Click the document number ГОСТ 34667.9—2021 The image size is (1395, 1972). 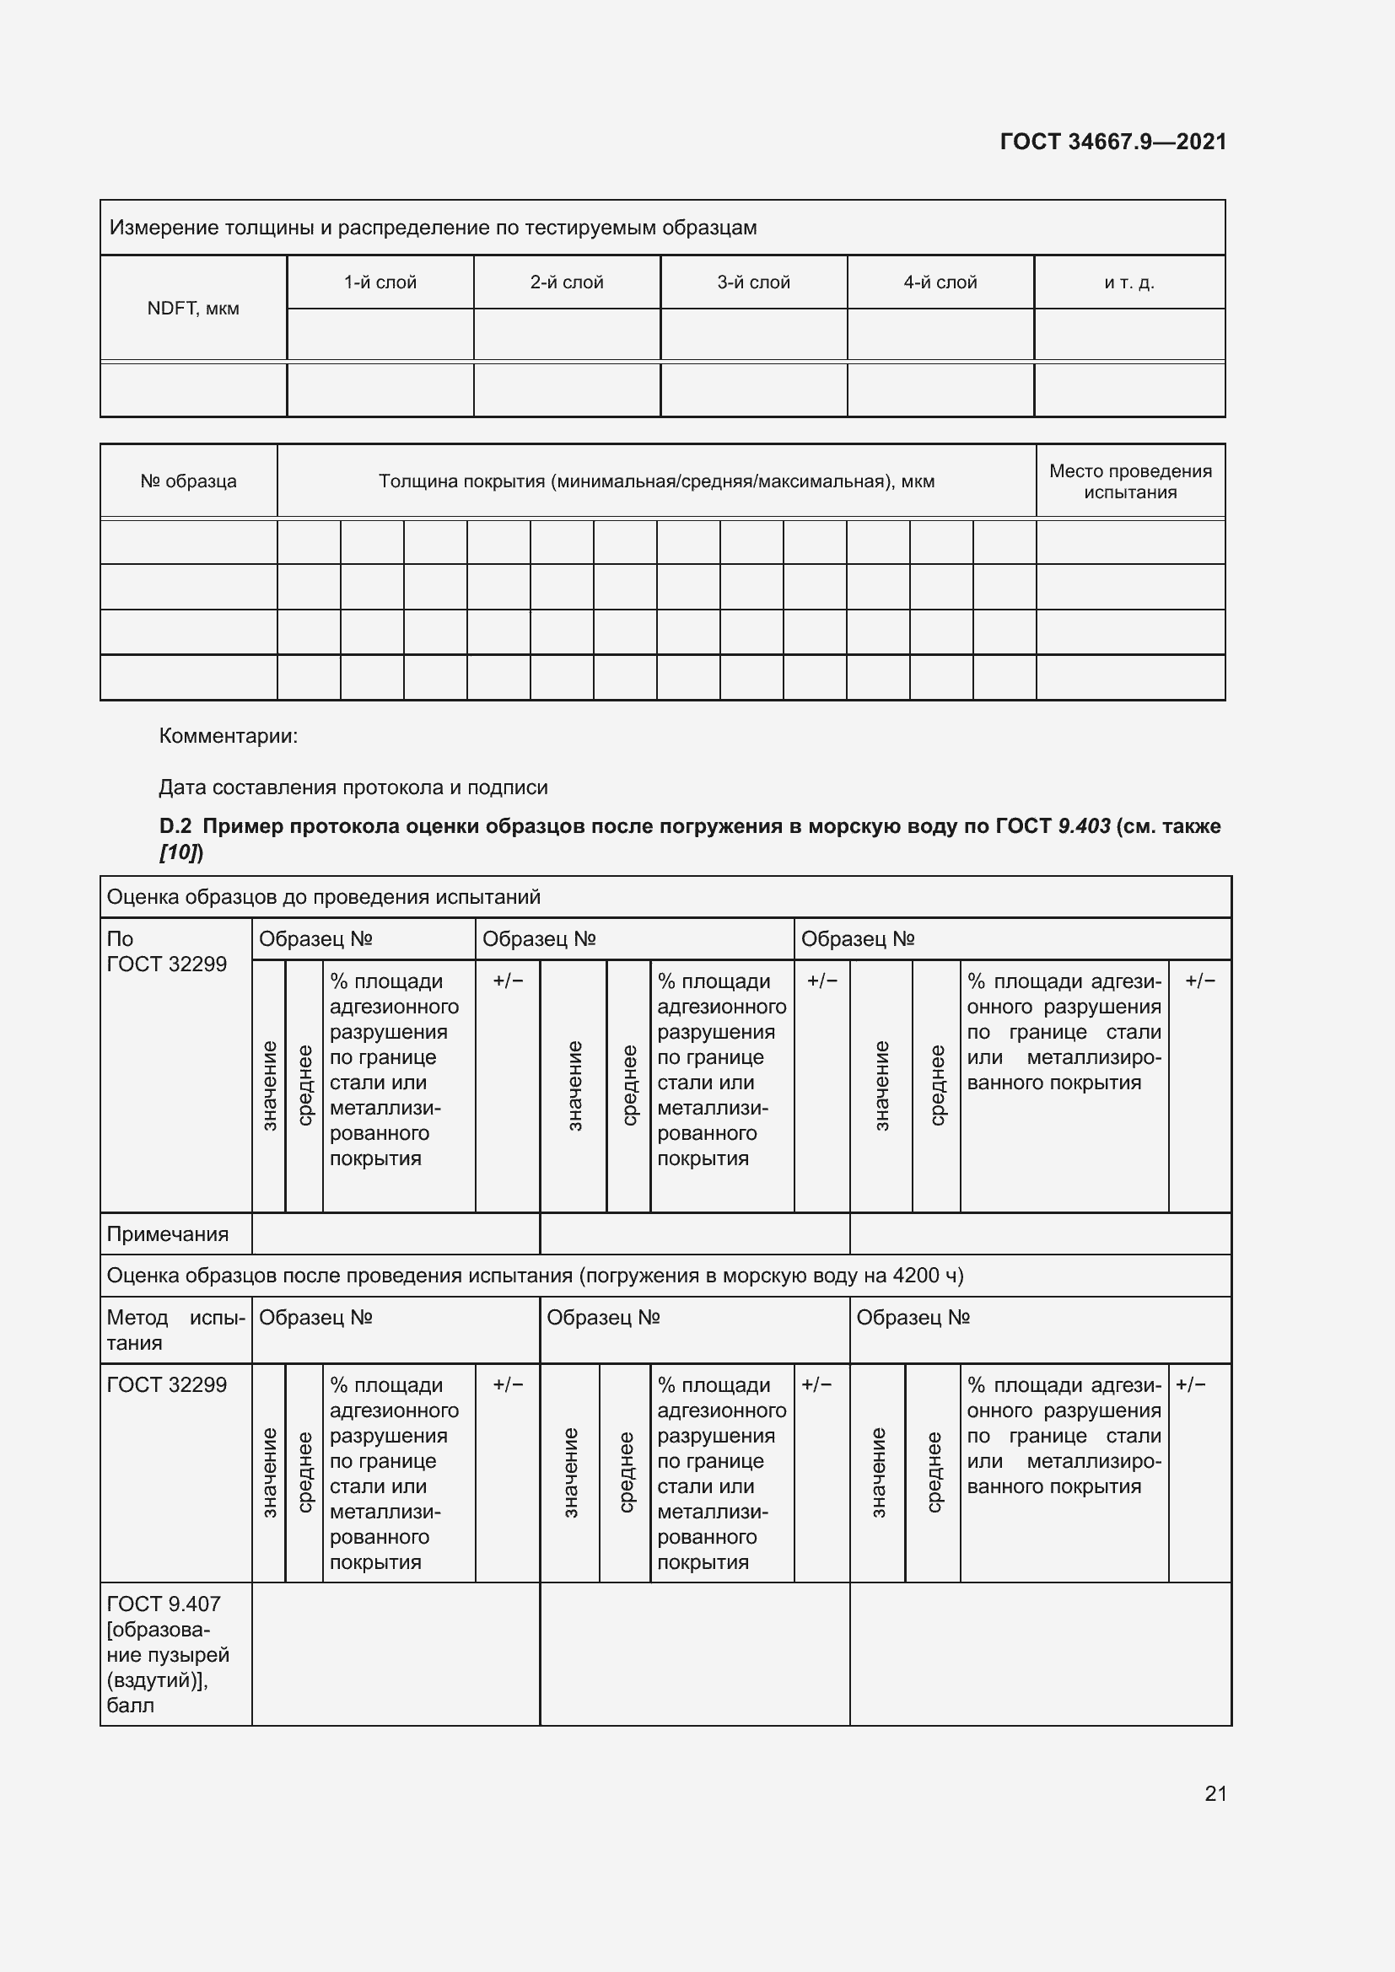coord(1112,142)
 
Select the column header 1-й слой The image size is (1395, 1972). coord(380,282)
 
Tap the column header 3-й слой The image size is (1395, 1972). coord(753,282)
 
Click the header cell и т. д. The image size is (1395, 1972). coord(1128,282)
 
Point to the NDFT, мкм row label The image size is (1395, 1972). coord(192,309)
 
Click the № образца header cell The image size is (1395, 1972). coord(188,481)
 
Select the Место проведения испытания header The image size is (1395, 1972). coord(1129,481)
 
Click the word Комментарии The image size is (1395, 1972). coord(229,736)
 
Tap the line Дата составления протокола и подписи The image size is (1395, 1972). coord(353,787)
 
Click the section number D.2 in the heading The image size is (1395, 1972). coord(175,826)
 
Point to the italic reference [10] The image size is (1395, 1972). coord(180,852)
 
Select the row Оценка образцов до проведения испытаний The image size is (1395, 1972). coord(323,898)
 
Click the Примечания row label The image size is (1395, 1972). coord(168,1234)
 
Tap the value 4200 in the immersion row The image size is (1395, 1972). coord(917,1276)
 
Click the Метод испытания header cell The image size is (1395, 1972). coord(175,1330)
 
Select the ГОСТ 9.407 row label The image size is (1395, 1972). coord(164,1604)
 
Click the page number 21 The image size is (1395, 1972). coord(1215,1793)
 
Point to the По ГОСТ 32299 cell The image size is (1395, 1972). coord(167,952)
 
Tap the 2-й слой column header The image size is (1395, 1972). coord(566,282)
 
